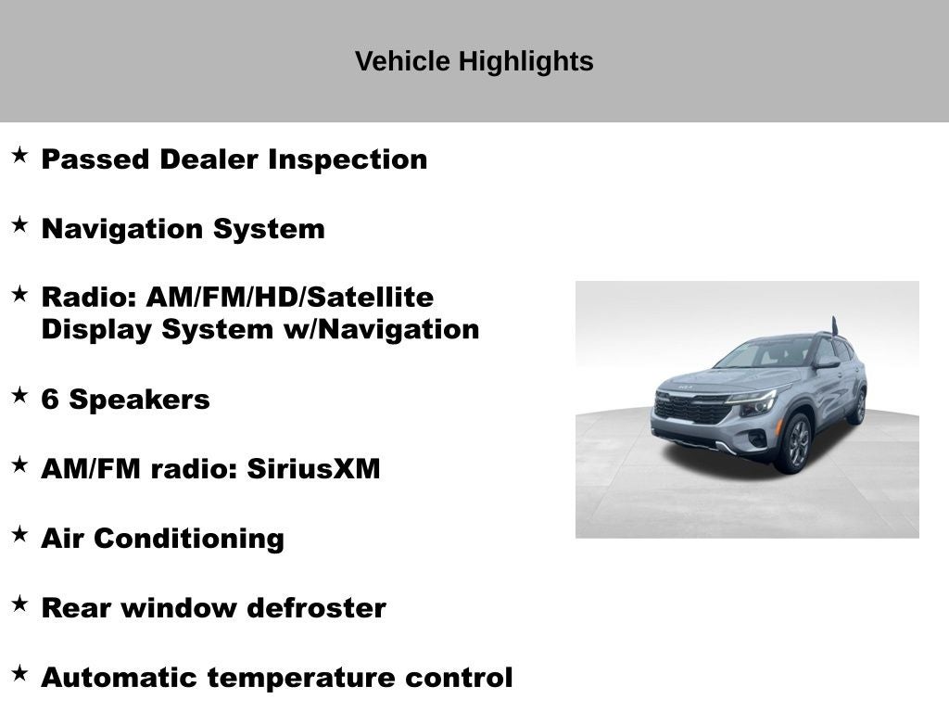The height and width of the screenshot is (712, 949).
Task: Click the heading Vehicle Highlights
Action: click(x=474, y=62)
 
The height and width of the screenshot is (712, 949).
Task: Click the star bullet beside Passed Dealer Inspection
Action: click(x=19, y=155)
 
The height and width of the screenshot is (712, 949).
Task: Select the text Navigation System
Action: click(x=183, y=229)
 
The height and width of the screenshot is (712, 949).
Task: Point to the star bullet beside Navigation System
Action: click(x=19, y=224)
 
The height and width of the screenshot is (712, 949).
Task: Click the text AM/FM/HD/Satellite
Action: click(x=289, y=298)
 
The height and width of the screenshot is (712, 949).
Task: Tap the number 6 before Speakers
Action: click(x=50, y=400)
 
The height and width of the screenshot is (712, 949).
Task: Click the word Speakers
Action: click(x=140, y=400)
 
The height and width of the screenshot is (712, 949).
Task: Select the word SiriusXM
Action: click(x=313, y=469)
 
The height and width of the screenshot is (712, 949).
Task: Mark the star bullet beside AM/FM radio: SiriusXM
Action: click(x=19, y=464)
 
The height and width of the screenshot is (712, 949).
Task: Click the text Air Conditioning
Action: click(x=162, y=539)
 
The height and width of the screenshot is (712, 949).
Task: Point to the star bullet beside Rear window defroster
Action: click(x=19, y=604)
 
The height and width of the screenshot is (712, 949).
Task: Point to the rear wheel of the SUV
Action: click(x=857, y=407)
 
